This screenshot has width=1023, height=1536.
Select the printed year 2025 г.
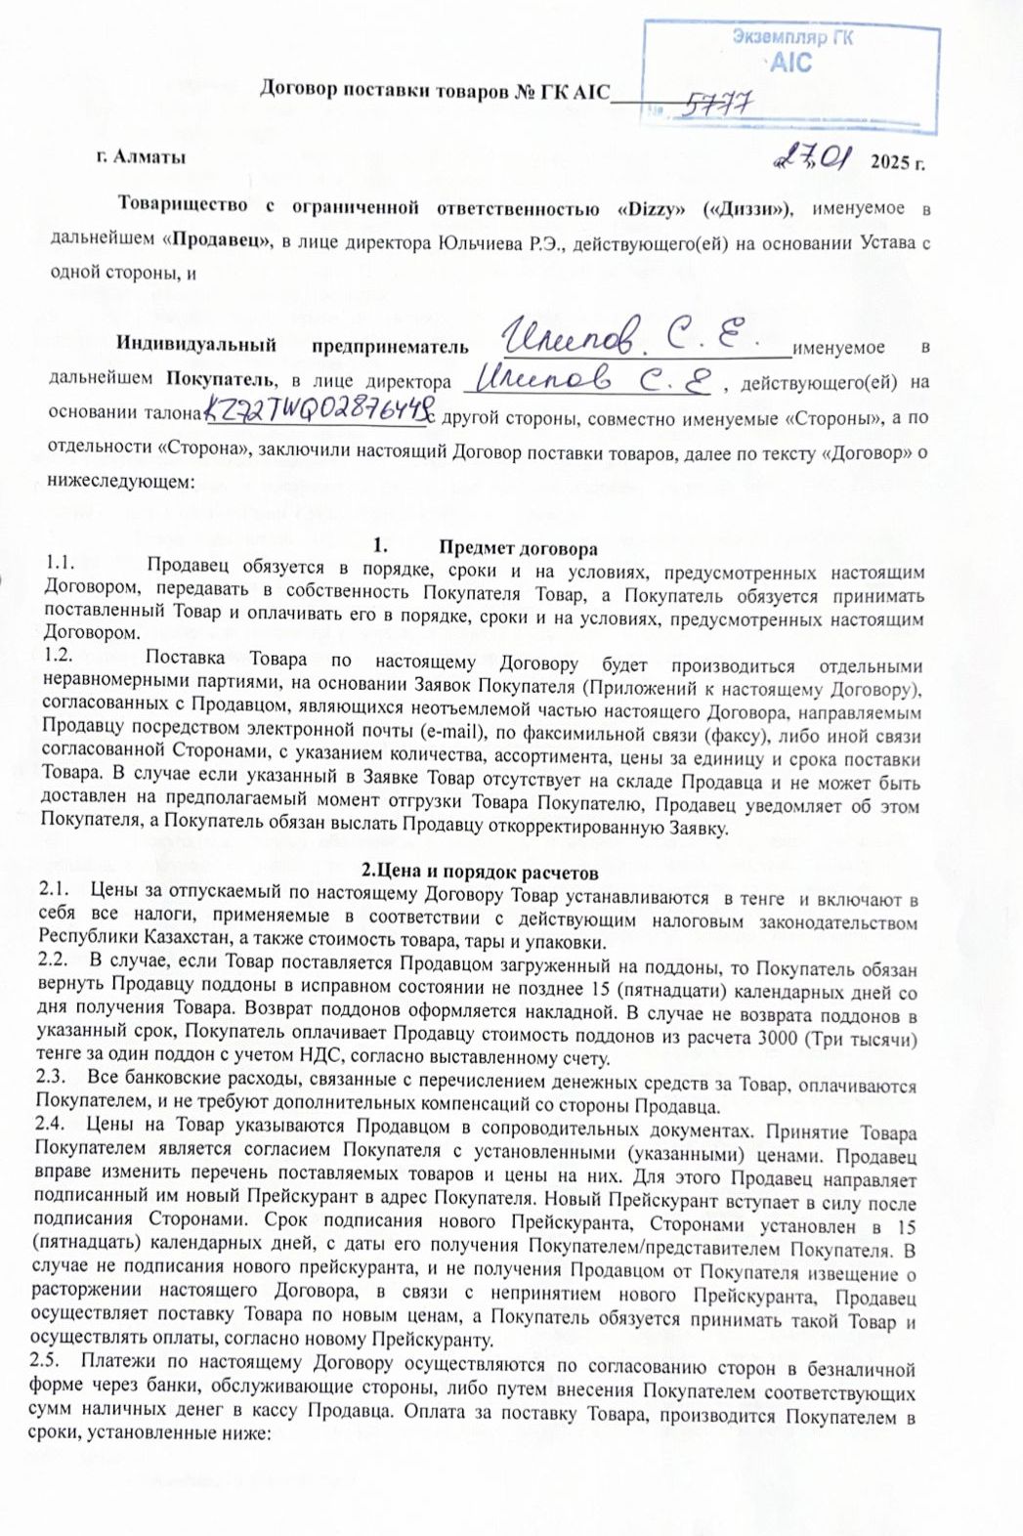[897, 162]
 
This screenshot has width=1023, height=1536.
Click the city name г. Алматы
[141, 156]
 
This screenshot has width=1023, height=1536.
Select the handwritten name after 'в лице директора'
[596, 379]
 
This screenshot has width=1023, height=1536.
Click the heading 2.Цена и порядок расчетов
[480, 872]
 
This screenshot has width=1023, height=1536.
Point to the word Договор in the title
[298, 90]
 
